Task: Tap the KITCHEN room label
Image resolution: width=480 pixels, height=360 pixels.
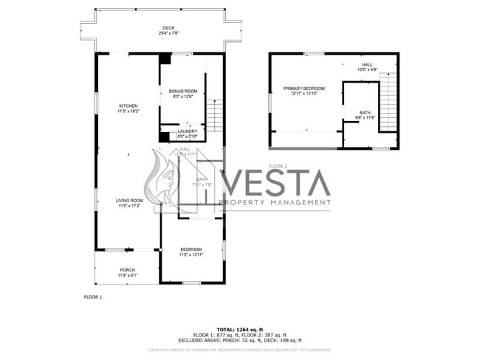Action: click(x=128, y=106)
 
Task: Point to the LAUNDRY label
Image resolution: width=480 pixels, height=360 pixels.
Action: click(x=188, y=131)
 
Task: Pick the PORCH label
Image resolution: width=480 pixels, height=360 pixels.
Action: click(x=127, y=270)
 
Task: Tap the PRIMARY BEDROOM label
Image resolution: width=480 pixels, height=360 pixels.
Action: click(x=304, y=89)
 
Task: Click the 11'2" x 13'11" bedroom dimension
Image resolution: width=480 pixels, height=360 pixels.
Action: click(x=191, y=255)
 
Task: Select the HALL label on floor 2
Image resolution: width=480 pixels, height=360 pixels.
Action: click(x=367, y=65)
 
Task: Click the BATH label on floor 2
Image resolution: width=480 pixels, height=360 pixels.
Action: click(x=365, y=113)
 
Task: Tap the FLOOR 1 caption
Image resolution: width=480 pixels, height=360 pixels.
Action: click(x=93, y=297)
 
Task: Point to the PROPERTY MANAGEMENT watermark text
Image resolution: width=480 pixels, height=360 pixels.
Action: click(x=275, y=202)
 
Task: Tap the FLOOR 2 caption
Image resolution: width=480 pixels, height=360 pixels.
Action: click(x=278, y=166)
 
